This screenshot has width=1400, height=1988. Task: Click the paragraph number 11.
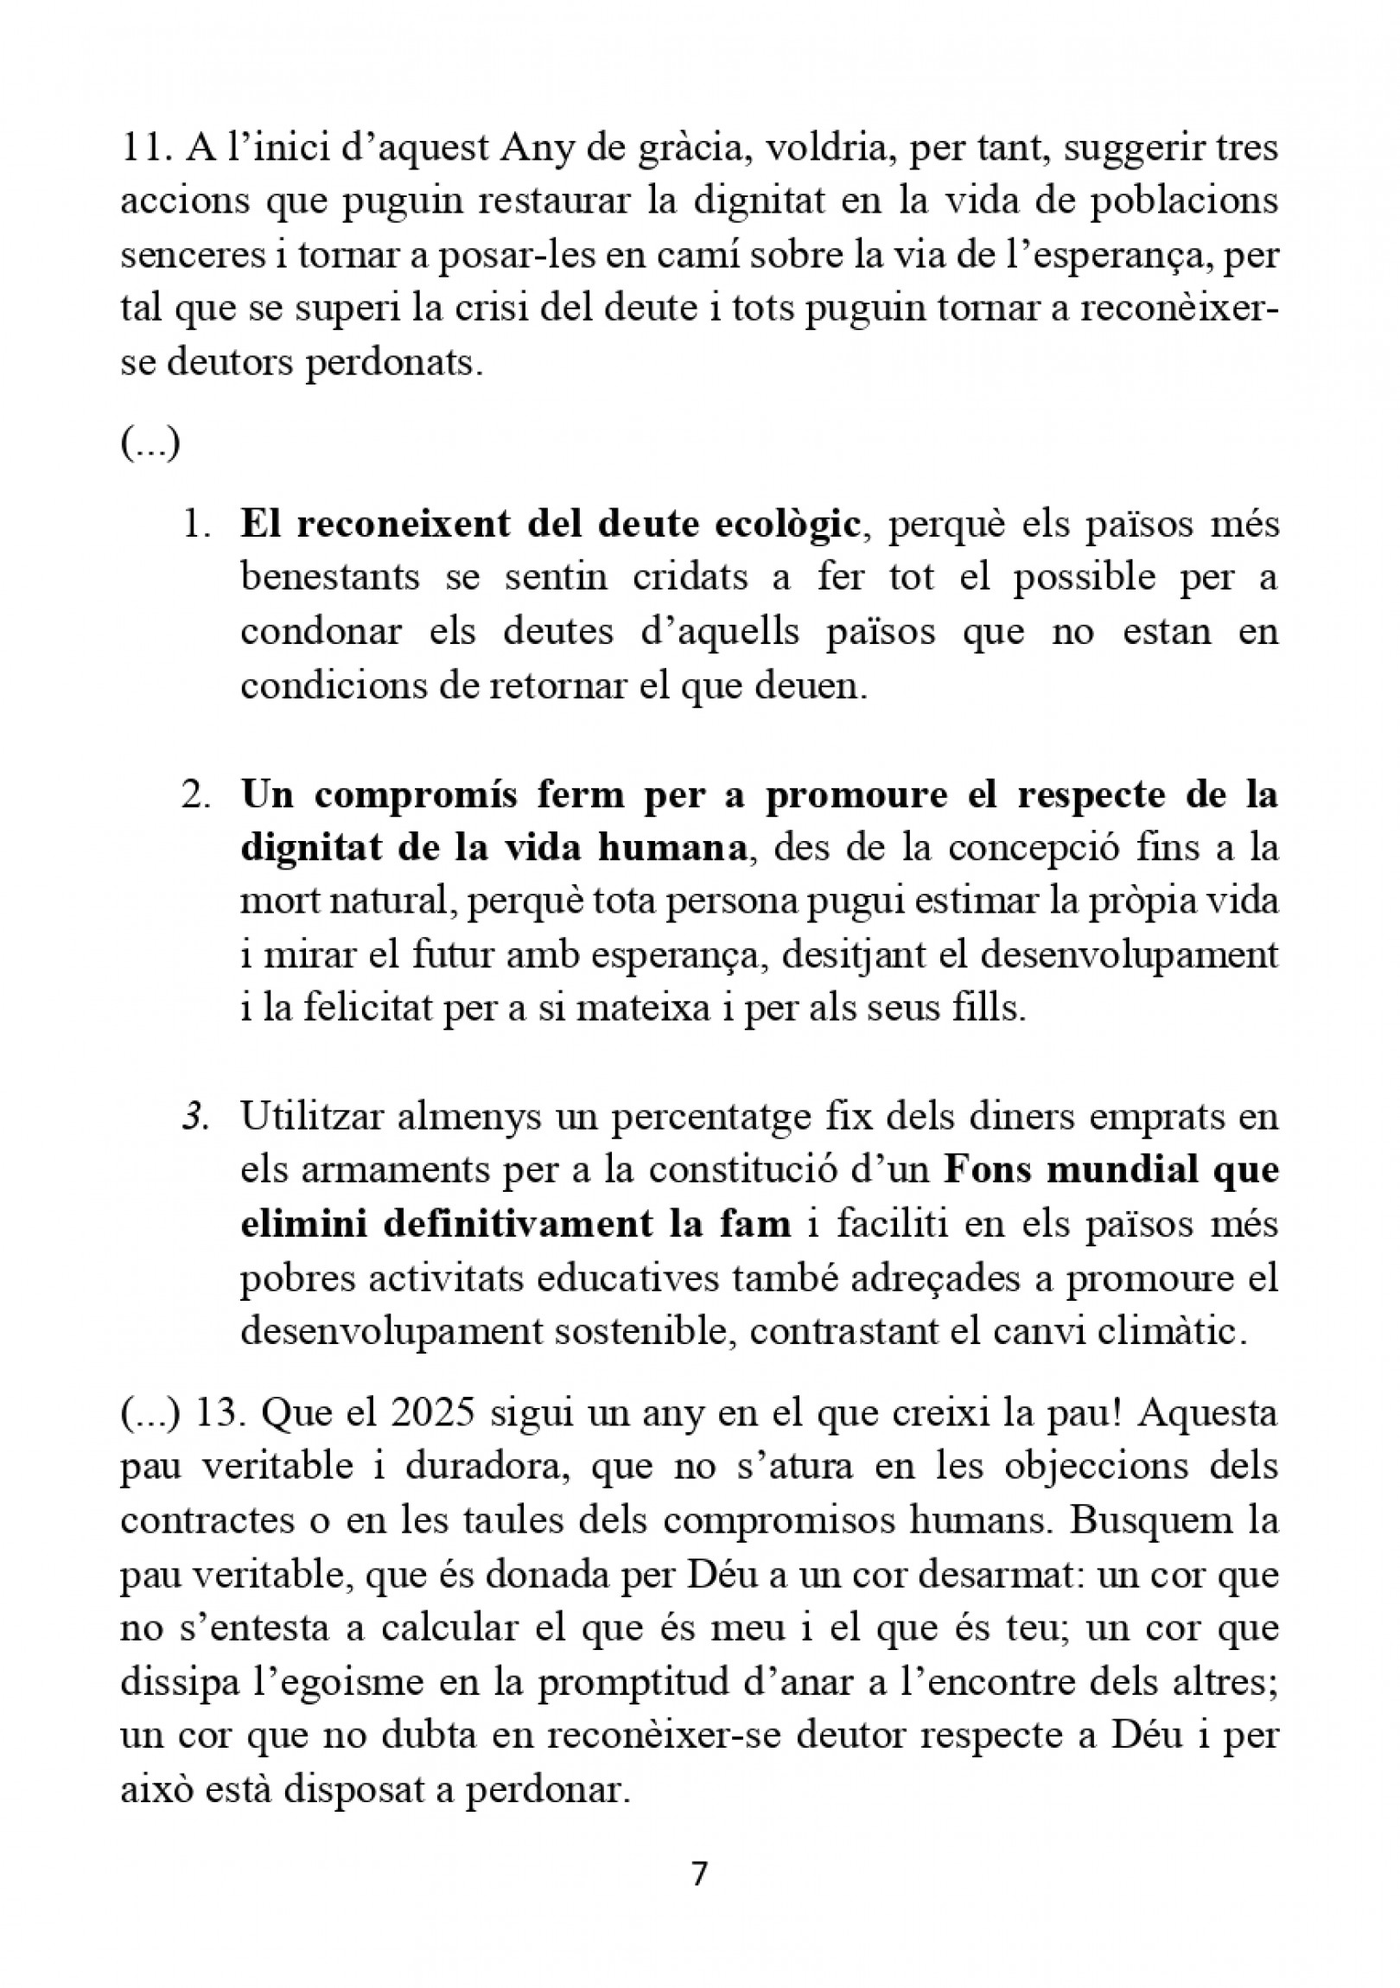[x=143, y=148]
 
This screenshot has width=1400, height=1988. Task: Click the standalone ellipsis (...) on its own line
[x=150, y=445]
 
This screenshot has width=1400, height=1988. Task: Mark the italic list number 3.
[x=197, y=1117]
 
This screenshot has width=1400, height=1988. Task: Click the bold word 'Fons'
[x=984, y=1170]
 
